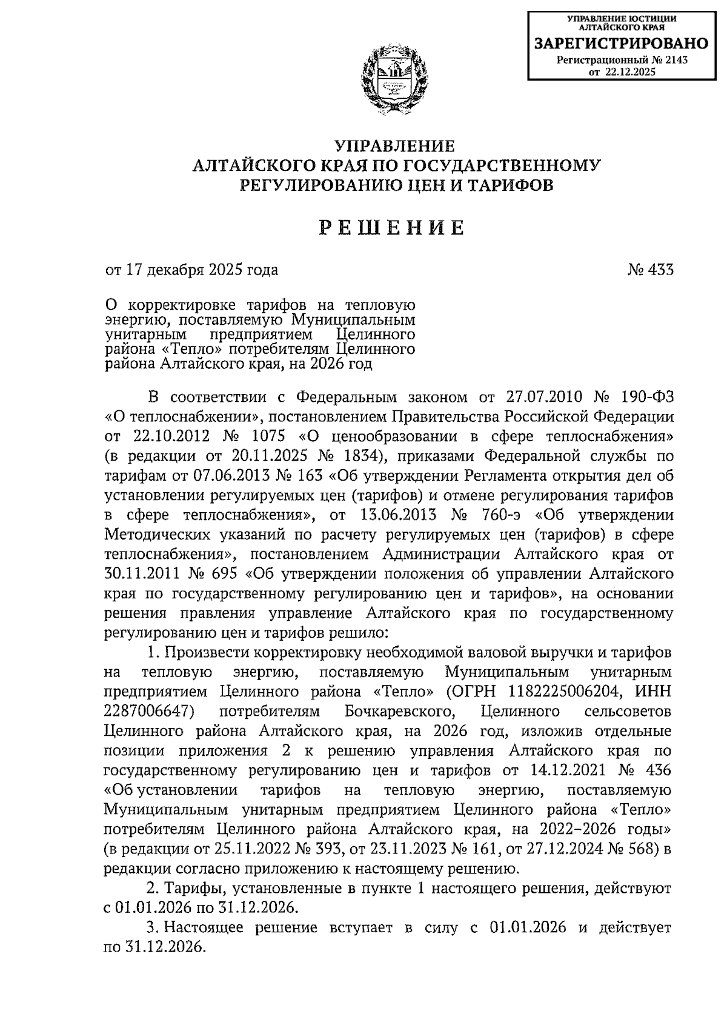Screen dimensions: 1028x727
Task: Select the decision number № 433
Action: tap(650, 270)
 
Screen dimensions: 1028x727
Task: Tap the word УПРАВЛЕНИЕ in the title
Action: tap(394, 146)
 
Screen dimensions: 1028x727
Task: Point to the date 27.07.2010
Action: tap(543, 398)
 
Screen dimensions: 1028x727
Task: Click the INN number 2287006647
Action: tap(149, 711)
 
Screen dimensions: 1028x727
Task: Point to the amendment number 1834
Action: tap(362, 456)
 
